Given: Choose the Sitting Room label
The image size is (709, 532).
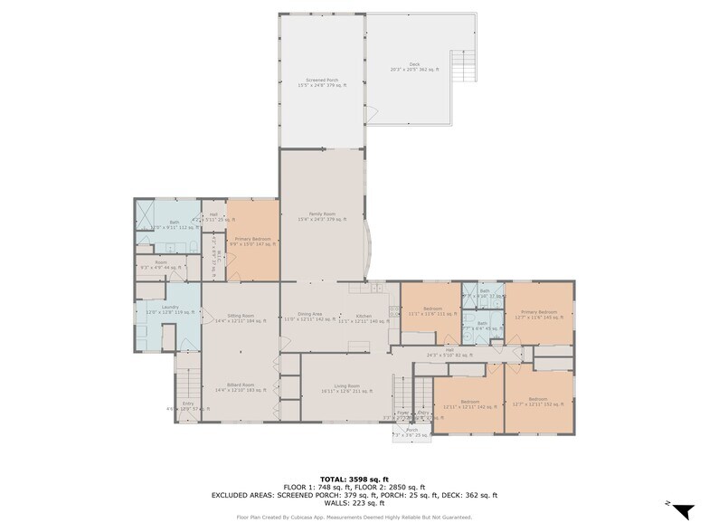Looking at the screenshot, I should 240,318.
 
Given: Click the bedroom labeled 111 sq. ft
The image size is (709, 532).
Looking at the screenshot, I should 431,312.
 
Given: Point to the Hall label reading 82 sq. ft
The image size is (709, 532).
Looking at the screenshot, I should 449,353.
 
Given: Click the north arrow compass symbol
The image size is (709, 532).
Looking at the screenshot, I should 682,510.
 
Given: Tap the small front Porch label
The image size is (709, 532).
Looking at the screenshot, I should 411,432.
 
